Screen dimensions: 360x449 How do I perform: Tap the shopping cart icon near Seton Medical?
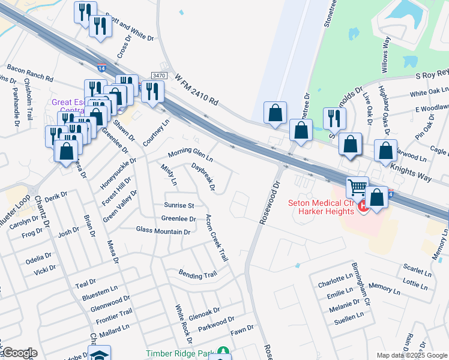click(357, 188)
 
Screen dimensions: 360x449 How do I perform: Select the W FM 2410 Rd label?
click(195, 89)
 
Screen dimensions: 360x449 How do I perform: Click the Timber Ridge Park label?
click(180, 354)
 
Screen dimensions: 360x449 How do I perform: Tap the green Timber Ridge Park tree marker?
click(223, 350)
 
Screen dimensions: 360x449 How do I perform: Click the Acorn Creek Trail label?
click(217, 238)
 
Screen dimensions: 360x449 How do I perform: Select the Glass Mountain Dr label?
click(163, 230)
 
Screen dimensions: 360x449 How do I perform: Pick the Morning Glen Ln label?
click(190, 155)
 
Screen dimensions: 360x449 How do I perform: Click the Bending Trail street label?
click(197, 274)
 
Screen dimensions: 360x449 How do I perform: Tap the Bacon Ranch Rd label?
click(28, 73)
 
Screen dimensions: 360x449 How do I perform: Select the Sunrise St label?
click(179, 205)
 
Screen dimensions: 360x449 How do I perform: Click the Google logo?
click(20, 353)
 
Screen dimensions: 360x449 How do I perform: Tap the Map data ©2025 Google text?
click(411, 355)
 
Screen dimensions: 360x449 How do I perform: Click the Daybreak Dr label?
click(203, 176)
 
